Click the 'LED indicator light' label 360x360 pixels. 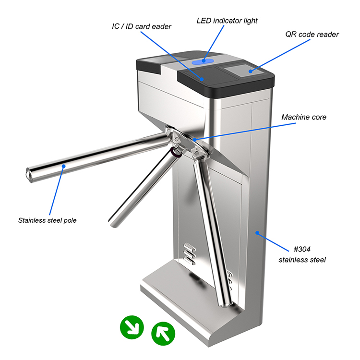(227, 21)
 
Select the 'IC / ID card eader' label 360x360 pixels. (142, 26)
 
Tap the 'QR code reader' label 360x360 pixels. (312, 35)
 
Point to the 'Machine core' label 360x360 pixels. (304, 117)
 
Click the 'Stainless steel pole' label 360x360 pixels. (48, 220)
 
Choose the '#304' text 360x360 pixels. (302, 249)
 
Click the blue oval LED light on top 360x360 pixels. (203, 61)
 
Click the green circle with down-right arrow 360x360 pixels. (132, 327)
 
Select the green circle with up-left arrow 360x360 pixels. (163, 334)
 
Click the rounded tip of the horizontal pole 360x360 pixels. (28, 175)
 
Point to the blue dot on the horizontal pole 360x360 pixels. (63, 166)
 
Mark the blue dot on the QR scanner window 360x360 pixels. (251, 71)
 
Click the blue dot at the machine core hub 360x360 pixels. (195, 139)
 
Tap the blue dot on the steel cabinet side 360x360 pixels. (257, 233)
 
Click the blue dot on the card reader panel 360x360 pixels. (202, 79)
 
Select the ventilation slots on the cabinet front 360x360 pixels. (190, 254)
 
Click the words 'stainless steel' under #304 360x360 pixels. (302, 260)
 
